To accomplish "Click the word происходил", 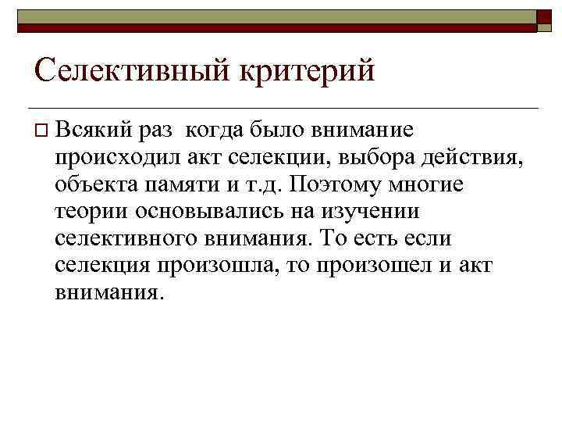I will click(x=117, y=157).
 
